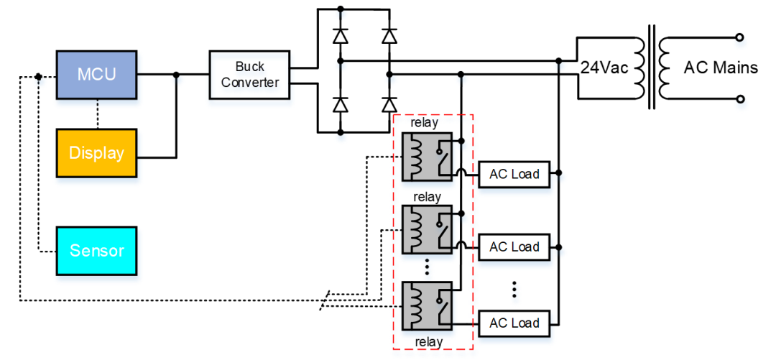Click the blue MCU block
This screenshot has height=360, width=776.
point(96,75)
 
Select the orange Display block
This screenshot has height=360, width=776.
point(96,153)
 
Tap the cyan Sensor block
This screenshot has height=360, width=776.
point(96,251)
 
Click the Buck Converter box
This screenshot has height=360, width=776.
point(250,75)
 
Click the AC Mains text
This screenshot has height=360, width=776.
point(720,68)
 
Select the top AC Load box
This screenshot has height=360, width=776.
point(514,174)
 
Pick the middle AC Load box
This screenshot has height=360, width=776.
point(514,247)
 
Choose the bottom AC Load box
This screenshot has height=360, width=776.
point(514,323)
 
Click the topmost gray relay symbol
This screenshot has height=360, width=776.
point(427,156)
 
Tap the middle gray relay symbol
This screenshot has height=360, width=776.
point(427,229)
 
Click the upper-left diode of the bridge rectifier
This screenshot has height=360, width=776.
point(341,35)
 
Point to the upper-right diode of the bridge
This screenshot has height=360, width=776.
point(389,35)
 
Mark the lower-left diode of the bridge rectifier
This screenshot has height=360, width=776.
point(341,104)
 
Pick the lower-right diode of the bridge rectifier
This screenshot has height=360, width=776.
point(389,104)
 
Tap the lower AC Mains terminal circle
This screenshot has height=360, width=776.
point(740,99)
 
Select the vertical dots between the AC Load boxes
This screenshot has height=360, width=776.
point(514,288)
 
